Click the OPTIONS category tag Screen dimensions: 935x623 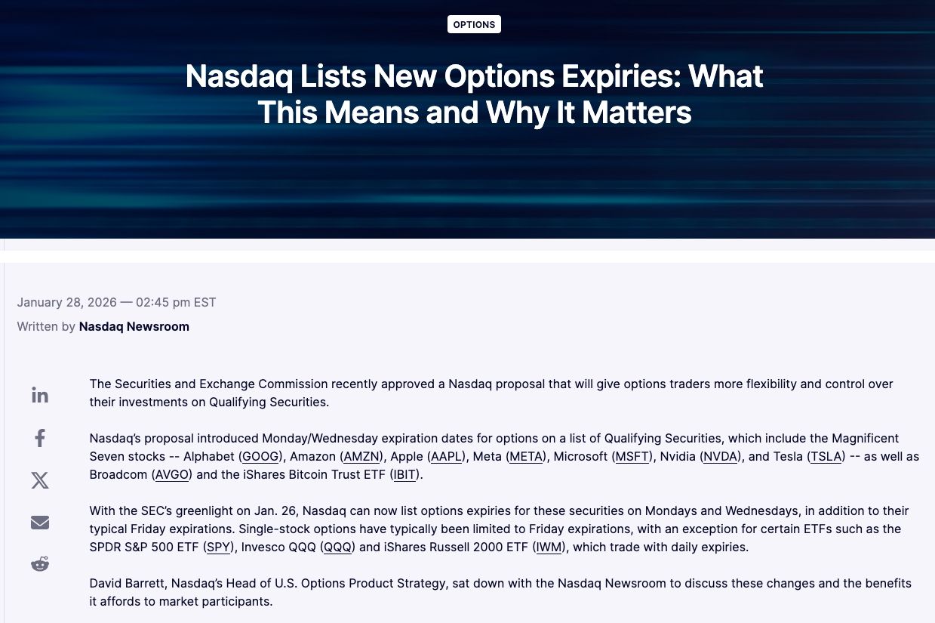474,24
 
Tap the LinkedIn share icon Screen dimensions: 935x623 40,395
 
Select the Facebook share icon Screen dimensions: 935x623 40,438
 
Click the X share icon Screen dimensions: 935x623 40,480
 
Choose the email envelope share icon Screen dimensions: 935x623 40,523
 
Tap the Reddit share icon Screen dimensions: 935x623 40,563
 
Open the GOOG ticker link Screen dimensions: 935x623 260,456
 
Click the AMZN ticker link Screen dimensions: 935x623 361,456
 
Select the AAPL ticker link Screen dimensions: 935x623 446,456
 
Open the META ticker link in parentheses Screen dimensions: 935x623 525,456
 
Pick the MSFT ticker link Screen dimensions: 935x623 632,456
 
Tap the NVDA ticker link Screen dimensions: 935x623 721,456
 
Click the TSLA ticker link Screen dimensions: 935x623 826,456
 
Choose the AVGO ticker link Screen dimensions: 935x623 171,475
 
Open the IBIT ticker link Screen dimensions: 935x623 404,475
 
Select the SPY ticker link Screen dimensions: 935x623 218,547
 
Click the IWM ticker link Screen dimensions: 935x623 549,547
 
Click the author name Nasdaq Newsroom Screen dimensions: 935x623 134,326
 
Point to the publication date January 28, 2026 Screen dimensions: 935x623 66,302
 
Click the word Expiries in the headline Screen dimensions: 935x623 621,76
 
